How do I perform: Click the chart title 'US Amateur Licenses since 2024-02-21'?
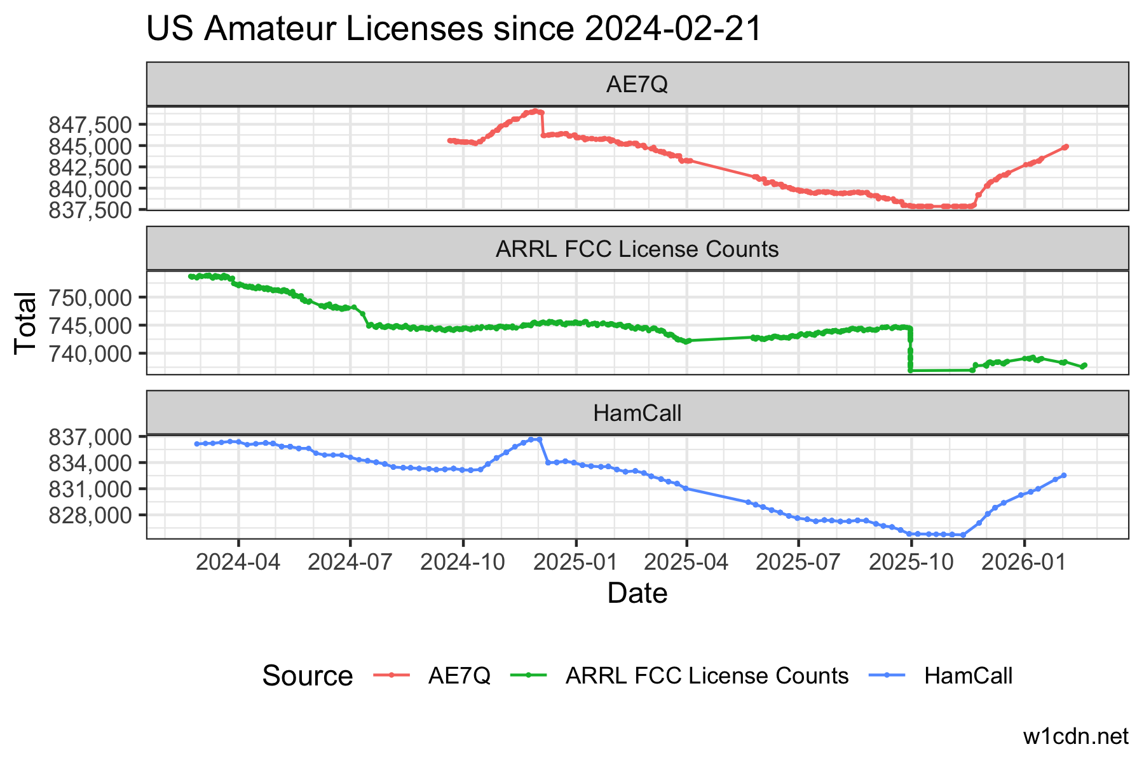454,29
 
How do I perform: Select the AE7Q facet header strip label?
637,85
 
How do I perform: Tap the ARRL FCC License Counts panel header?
637,249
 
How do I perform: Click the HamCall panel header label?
637,413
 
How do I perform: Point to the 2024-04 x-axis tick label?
238,562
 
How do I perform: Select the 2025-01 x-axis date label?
576,562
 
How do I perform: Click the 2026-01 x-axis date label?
1025,562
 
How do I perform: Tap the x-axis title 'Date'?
637,593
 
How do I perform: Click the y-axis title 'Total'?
25,322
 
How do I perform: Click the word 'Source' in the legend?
307,676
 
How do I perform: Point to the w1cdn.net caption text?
1075,736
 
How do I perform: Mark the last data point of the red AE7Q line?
1066,147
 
